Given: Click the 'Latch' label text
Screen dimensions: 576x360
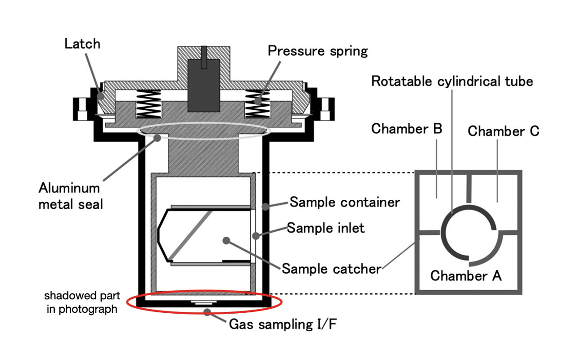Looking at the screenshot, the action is (82, 44).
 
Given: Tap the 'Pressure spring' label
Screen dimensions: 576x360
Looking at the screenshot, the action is (318, 51).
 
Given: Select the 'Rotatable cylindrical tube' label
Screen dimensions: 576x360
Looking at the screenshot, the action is (452, 81).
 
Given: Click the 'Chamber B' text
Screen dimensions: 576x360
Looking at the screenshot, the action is (406, 129).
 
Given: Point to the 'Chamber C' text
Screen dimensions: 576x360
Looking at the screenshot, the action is (503, 131).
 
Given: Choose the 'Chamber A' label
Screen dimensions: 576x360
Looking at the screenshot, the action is (466, 276).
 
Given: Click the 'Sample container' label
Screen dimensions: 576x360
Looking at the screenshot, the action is (345, 202).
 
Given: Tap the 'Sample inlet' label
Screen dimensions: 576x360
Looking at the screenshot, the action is (325, 228).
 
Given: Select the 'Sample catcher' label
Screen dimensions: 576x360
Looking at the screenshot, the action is (332, 269).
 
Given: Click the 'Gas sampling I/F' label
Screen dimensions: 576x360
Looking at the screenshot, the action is (283, 324).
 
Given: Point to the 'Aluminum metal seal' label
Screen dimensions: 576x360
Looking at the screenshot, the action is (71, 196).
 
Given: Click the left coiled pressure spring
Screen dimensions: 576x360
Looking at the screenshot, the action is (148, 104).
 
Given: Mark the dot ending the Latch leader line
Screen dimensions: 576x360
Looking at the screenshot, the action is (100, 96).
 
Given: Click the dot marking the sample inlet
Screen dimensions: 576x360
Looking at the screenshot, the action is (256, 236).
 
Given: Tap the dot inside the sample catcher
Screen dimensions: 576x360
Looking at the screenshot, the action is (226, 240).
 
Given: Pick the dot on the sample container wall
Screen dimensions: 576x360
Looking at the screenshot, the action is (265, 207).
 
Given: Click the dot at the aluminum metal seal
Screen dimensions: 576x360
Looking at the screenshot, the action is (157, 138).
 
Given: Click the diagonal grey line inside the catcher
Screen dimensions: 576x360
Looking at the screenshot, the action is (190, 235).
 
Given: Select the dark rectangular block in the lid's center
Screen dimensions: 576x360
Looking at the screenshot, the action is (204, 85).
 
